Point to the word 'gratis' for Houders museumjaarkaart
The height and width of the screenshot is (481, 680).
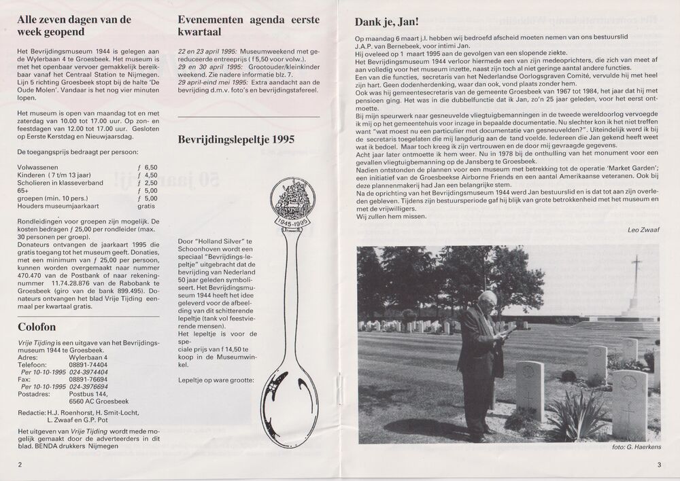click(x=147, y=206)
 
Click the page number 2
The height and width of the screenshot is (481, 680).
click(x=20, y=464)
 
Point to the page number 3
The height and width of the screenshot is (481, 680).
click(x=659, y=464)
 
